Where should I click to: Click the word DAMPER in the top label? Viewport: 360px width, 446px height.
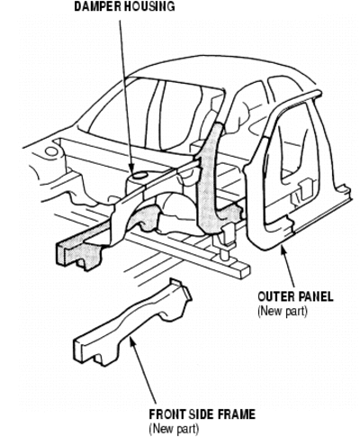point(98,6)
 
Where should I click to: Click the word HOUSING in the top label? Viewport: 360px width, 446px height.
point(149,6)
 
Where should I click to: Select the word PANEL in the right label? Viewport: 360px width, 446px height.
point(316,296)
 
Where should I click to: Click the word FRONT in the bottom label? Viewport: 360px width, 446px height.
point(168,414)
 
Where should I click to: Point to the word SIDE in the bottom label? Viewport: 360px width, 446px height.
point(202,414)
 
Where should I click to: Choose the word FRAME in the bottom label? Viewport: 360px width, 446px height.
point(237,414)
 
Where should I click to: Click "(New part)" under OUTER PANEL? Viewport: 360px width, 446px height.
point(283,311)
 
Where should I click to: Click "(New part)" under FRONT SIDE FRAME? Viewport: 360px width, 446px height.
point(174,429)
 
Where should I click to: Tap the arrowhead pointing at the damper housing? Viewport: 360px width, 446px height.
point(130,168)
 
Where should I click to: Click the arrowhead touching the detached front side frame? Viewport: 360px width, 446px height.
point(132,342)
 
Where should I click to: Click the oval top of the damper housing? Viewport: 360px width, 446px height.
point(139,175)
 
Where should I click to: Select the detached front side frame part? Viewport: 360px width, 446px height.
point(132,323)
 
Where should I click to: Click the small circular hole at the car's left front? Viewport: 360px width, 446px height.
point(51,151)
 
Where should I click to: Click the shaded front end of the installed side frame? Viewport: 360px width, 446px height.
point(78,252)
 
